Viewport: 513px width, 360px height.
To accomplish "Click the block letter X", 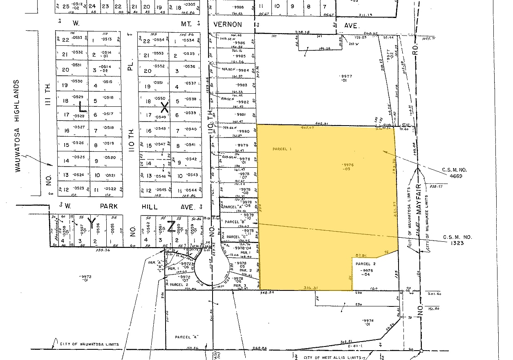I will click(x=165, y=108).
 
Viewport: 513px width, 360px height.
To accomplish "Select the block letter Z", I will click(x=172, y=225).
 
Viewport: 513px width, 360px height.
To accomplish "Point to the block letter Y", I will click(x=92, y=222).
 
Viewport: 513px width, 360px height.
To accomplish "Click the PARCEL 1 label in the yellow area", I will click(x=282, y=149).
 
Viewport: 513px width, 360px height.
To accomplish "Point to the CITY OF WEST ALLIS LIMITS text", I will click(x=332, y=358).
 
